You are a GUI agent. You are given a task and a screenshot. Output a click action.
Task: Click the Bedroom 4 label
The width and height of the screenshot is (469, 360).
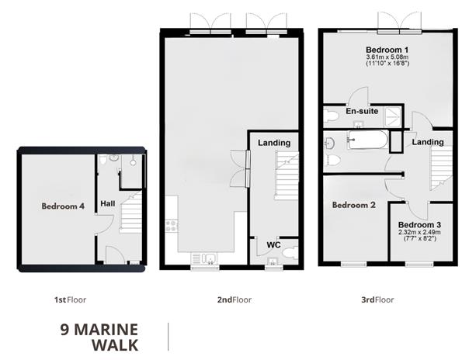point(63,206)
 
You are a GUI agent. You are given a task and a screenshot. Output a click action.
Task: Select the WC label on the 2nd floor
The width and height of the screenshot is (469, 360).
point(273,245)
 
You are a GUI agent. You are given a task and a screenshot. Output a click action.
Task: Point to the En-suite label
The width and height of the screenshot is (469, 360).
point(361,112)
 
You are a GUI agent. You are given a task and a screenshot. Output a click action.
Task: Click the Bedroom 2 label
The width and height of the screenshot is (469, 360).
point(353,206)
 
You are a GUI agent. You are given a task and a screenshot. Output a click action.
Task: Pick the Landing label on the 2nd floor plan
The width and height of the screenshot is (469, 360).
point(274,143)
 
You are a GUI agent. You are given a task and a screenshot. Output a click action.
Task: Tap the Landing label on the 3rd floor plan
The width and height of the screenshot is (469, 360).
point(428,142)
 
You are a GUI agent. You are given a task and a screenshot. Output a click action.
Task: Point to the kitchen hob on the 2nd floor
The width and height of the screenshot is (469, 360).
point(171,227)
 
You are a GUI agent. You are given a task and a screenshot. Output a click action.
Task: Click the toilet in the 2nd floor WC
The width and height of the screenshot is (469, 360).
point(289,252)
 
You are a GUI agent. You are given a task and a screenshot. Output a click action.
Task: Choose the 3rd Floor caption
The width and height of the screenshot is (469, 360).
point(378,299)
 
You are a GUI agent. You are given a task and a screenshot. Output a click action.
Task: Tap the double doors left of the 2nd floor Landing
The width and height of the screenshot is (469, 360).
point(241,168)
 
